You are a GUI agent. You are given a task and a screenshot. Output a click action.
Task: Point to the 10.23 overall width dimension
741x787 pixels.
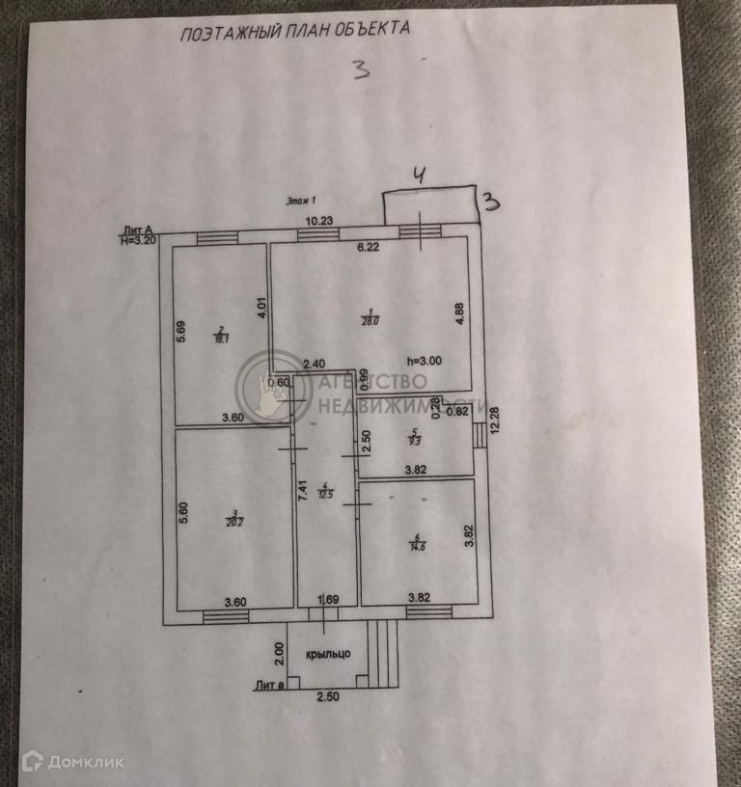pyautogui.click(x=319, y=221)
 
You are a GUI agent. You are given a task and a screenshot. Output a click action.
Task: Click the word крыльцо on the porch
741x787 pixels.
pyautogui.click(x=327, y=653)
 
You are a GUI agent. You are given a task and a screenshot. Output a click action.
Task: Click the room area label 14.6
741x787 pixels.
pyautogui.click(x=418, y=544)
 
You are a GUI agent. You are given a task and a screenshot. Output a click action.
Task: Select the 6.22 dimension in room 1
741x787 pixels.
pyautogui.click(x=369, y=248)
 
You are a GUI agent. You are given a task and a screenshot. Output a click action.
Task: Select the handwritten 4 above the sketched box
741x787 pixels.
pyautogui.click(x=419, y=175)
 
